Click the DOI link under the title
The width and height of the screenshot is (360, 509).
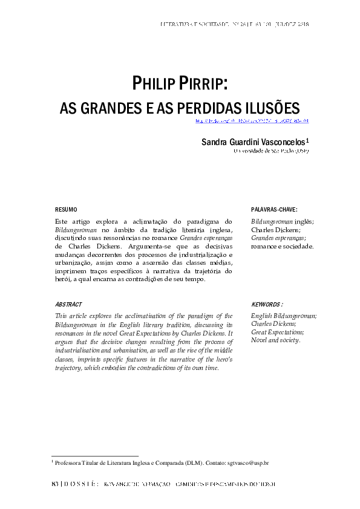pyautogui.click(x=252, y=121)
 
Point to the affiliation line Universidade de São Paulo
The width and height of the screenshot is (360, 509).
pyautogui.click(x=271, y=151)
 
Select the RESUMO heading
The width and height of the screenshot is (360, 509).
pyautogui.click(x=66, y=209)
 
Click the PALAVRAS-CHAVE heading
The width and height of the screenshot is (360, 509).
pyautogui.click(x=274, y=209)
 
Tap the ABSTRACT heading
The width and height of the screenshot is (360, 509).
pyautogui.click(x=68, y=305)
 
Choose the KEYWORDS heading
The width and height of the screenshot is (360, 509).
pyautogui.click(x=267, y=305)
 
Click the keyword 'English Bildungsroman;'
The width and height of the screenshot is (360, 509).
pyautogui.click(x=284, y=316)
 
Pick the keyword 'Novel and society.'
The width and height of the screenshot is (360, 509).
pyautogui.click(x=275, y=340)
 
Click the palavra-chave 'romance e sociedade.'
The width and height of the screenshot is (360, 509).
pyautogui.click(x=282, y=247)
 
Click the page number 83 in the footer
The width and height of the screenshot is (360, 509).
pyautogui.click(x=55, y=484)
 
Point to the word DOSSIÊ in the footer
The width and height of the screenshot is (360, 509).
pyautogui.click(x=79, y=484)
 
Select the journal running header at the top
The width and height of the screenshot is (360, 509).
pyautogui.click(x=235, y=24)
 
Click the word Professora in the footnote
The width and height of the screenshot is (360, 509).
pyautogui.click(x=68, y=462)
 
